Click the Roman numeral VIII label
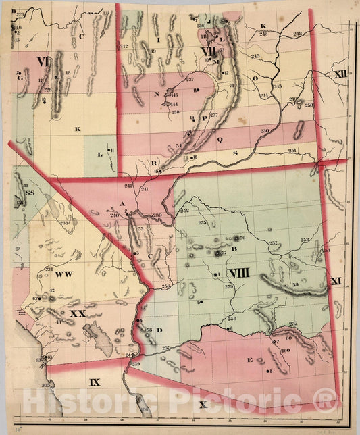tap(242, 273)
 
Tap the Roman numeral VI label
tap(44, 62)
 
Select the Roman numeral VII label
tap(209, 50)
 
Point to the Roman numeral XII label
tap(340, 72)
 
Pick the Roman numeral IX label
tap(94, 382)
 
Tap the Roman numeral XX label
tap(78, 314)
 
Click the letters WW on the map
tap(63, 274)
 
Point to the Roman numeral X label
tap(203, 404)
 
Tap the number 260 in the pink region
tap(285, 350)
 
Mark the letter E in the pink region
tap(249, 360)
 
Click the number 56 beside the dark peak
tap(242, 238)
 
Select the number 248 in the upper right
tap(298, 34)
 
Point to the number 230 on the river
tap(265, 130)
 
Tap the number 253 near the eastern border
tap(305, 240)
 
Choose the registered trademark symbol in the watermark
tap(326, 402)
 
